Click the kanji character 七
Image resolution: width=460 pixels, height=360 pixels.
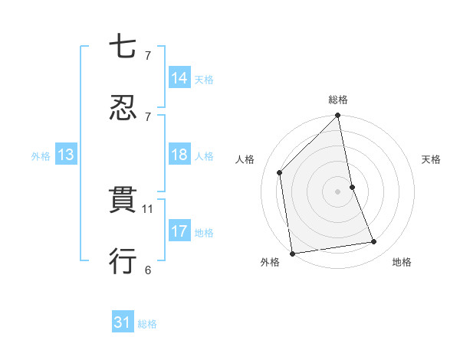coord(123,48)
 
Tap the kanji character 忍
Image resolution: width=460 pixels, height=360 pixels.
coord(123,108)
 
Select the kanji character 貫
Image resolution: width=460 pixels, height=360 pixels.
coord(123,201)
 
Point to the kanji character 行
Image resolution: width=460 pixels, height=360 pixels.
coord(123,261)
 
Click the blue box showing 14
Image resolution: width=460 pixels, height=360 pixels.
coord(179,77)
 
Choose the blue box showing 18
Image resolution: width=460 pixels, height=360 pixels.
coord(179,155)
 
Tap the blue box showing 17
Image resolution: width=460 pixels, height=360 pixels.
coord(179,231)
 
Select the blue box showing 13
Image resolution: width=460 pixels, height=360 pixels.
coord(66,155)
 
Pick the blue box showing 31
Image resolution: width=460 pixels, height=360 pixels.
coord(123,323)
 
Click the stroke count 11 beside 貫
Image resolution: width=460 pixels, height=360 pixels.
coord(148,208)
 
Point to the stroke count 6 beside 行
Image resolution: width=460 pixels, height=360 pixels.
coord(147,270)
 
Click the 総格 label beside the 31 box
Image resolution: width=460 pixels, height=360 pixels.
coord(147,324)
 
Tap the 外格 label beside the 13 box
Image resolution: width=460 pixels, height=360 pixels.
coord(41,155)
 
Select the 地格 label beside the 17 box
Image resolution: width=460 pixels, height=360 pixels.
coord(204,232)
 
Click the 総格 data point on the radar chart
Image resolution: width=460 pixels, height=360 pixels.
coord(338,116)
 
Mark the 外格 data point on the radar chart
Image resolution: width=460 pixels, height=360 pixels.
coord(292,254)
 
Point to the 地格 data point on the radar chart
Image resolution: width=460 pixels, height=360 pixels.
coord(374,242)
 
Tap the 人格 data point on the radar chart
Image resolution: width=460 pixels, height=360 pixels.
coord(280,172)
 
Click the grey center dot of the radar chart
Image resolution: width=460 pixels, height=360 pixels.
coord(338,191)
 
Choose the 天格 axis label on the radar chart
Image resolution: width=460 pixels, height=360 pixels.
coord(431,159)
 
